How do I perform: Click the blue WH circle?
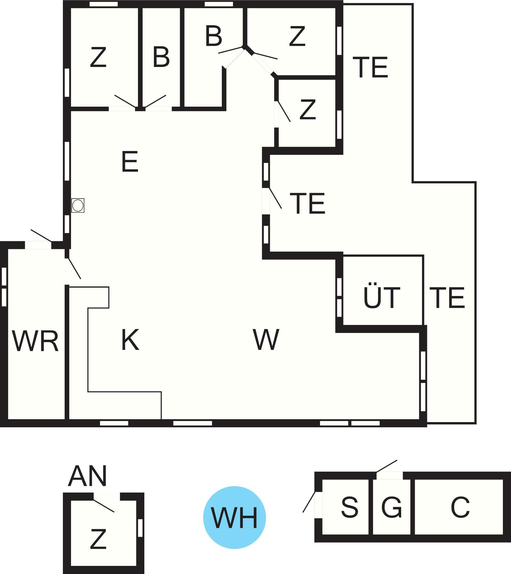(234, 517)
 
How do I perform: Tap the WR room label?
(35, 341)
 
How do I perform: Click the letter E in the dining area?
(130, 161)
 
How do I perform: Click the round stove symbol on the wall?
(78, 206)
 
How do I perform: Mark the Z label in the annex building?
(98, 539)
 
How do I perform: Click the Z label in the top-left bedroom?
(98, 57)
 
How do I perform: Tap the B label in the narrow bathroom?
(161, 57)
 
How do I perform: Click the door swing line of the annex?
(104, 506)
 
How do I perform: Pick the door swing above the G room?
(386, 466)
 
